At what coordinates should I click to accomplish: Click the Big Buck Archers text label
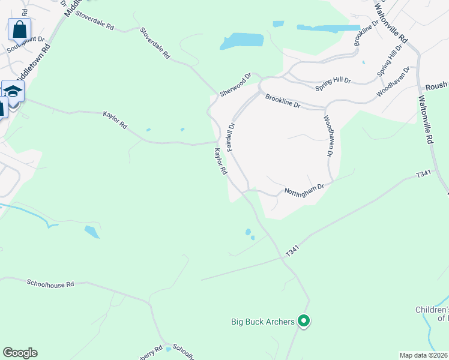[263, 322]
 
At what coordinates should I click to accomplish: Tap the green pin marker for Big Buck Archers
[304, 322]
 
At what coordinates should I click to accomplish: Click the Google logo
[20, 353]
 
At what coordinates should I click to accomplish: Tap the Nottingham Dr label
[304, 190]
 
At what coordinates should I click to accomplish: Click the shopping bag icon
[19, 29]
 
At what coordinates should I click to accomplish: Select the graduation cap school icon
[13, 91]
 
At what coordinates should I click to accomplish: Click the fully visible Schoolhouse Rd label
[50, 283]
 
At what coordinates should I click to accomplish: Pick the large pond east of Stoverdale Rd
[243, 41]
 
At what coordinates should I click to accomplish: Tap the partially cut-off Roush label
[437, 87]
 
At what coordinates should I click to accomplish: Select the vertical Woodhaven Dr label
[328, 136]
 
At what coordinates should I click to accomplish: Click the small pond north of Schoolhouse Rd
[92, 232]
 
